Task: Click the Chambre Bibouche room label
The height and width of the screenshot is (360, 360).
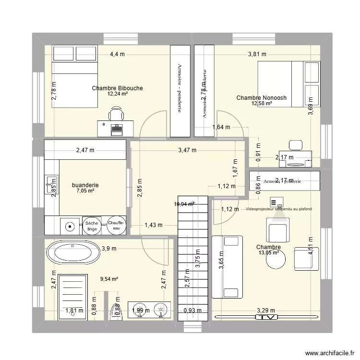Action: point(117,88)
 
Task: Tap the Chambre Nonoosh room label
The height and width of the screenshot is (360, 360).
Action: point(261,98)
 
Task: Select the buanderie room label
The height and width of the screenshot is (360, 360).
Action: point(85,185)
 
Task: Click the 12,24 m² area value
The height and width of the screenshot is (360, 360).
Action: point(117,94)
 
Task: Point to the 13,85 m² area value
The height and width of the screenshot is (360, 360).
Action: point(269,253)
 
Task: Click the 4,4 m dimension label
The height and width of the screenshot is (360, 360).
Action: point(117,54)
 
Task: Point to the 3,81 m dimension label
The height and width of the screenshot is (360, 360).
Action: point(257,54)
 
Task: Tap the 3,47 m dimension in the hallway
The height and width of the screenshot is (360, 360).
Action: point(187,150)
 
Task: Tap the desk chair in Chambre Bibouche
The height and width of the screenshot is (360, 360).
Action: point(115,114)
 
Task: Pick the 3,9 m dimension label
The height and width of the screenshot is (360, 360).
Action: point(109,248)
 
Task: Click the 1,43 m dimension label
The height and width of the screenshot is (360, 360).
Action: point(154,225)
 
